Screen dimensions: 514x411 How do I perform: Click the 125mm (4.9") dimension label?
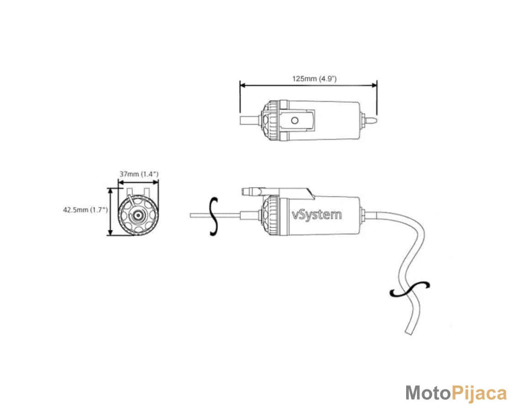coord(314,79)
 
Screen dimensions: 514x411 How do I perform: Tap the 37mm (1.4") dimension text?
coord(138,174)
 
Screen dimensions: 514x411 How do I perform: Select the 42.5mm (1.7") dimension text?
coord(85,210)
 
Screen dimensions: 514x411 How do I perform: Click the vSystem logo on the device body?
coord(317,215)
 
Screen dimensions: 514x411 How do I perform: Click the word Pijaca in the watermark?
coord(479,393)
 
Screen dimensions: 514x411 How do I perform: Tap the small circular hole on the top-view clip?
coord(295,121)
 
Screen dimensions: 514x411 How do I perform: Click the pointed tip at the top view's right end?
coord(376,120)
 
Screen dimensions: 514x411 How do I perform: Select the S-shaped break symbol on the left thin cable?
coord(214,216)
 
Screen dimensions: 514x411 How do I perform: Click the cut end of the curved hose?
coord(409,332)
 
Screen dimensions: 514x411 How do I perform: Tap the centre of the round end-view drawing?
coord(138,216)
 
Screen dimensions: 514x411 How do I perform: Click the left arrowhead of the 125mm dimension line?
coord(243,85)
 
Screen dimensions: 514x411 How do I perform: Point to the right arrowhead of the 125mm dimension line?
coord(374,85)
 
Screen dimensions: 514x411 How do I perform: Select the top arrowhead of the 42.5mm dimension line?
coord(111,191)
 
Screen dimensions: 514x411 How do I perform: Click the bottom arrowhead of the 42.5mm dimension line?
coord(111,233)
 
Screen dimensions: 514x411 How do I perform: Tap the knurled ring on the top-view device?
coord(271,121)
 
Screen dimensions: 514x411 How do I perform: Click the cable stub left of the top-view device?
coord(251,120)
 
